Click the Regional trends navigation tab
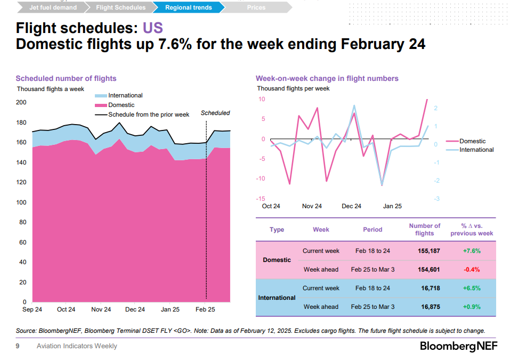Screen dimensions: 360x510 pos(188,7)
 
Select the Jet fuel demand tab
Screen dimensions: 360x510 pos(53,7)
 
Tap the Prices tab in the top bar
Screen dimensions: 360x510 pos(256,7)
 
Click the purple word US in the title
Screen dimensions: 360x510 pos(152,28)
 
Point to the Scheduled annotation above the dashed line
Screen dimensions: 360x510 pos(215,113)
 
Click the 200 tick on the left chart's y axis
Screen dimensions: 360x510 pos(21,103)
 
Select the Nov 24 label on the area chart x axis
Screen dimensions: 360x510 pos(101,309)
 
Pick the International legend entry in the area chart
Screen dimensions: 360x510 pos(125,95)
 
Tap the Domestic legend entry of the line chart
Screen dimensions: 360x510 pos(472,141)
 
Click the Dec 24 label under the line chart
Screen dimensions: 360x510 pos(351,206)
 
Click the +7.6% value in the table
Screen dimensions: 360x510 pos(472,251)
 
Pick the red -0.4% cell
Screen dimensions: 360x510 pos(472,269)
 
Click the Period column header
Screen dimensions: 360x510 pos(373,230)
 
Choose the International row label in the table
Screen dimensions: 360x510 pos(277,298)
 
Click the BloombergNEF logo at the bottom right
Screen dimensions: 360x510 pos(459,346)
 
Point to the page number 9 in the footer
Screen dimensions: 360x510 pos(18,346)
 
